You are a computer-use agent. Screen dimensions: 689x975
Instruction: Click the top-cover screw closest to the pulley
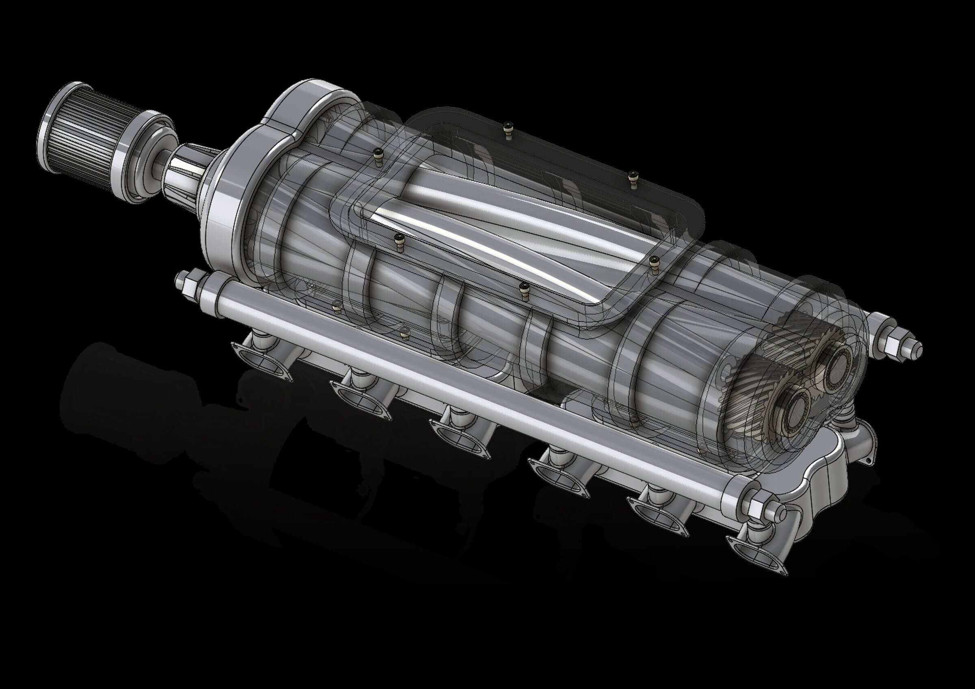point(377,154)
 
